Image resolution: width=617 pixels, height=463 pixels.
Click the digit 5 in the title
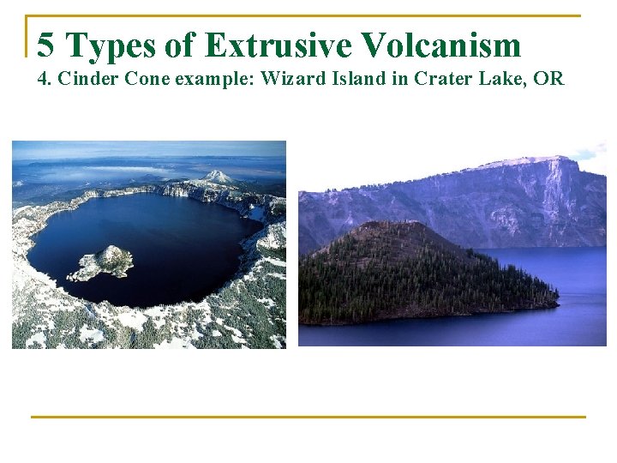[47, 45]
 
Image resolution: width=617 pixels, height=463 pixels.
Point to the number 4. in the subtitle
[45, 80]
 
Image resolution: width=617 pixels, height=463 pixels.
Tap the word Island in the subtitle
[352, 80]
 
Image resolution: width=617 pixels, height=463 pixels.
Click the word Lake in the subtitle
[497, 80]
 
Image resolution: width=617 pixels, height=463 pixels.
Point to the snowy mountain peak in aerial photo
[218, 177]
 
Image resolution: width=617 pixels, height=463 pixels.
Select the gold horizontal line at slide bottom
[308, 417]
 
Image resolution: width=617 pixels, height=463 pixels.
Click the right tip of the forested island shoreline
[557, 302]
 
